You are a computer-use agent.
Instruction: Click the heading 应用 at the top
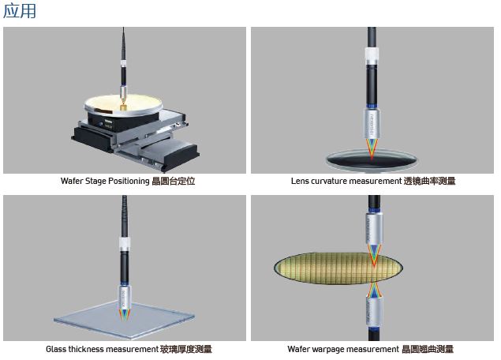(x=20, y=10)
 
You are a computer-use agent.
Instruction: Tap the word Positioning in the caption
(x=129, y=182)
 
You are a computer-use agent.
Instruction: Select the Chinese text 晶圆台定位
(x=173, y=182)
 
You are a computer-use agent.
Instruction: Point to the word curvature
(x=329, y=181)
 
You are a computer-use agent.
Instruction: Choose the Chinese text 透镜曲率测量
(x=429, y=181)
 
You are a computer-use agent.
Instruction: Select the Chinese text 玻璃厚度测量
(x=186, y=349)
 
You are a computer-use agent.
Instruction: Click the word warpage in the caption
(x=327, y=349)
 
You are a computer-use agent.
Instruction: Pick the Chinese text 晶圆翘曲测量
(x=428, y=349)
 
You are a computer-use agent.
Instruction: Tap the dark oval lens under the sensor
(x=372, y=159)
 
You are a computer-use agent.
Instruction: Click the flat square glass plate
(x=125, y=320)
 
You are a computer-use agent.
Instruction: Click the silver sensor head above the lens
(x=372, y=123)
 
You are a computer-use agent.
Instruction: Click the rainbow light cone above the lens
(x=372, y=148)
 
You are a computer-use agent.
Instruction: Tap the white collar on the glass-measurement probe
(x=125, y=244)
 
